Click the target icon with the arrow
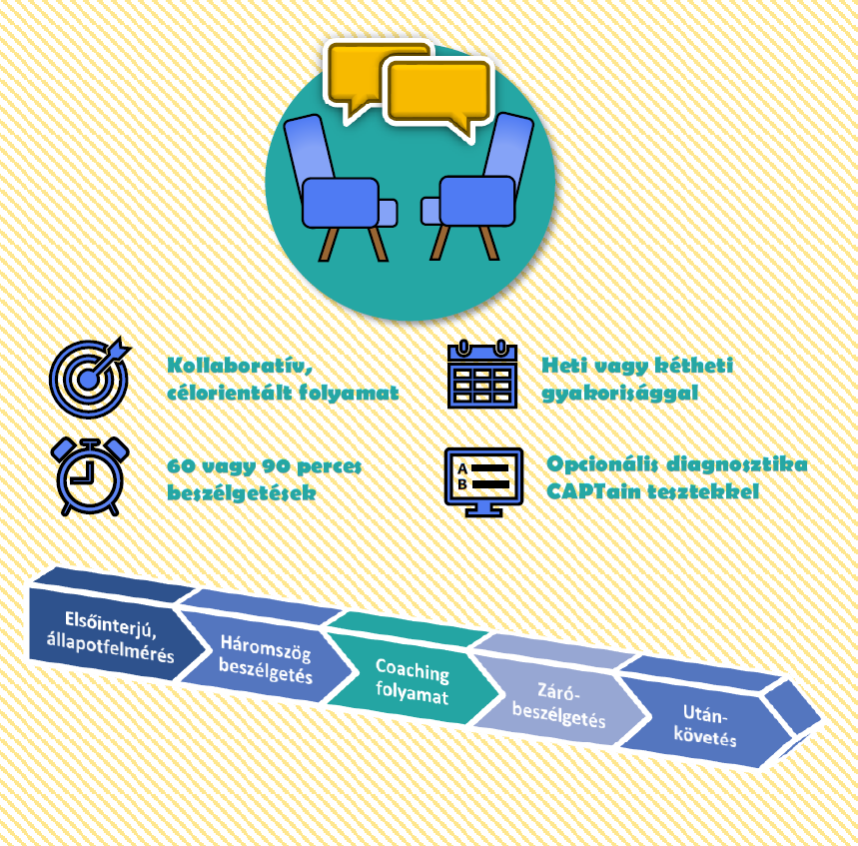(89, 378)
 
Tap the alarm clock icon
(90, 476)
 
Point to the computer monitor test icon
(483, 481)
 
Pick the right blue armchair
(477, 187)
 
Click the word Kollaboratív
(240, 365)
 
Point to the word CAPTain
(593, 490)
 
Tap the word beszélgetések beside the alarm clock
(242, 492)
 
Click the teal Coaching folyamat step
(413, 680)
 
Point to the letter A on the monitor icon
(462, 469)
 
